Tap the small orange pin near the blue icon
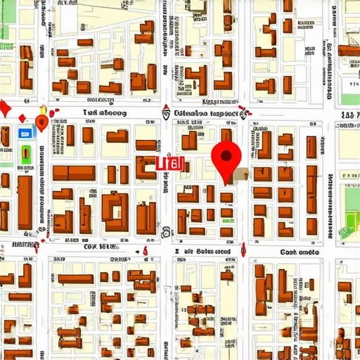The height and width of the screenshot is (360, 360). pyautogui.click(x=41, y=123)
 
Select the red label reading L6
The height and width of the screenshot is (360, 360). pyautogui.click(x=170, y=163)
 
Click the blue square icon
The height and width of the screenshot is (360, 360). pyautogui.click(x=25, y=132)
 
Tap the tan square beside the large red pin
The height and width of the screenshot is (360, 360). pyautogui.click(x=241, y=174)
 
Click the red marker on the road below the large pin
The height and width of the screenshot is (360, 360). pyautogui.click(x=243, y=249)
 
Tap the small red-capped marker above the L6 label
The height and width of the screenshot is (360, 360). pyautogui.click(x=166, y=110)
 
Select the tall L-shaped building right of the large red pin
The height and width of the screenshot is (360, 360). pyautogui.click(x=265, y=144)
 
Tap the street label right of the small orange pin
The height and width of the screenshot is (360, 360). pyautogui.click(x=104, y=112)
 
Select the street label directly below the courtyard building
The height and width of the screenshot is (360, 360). pyautogui.click(x=100, y=247)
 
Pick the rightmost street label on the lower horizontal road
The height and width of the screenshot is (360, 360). pyautogui.click(x=299, y=251)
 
